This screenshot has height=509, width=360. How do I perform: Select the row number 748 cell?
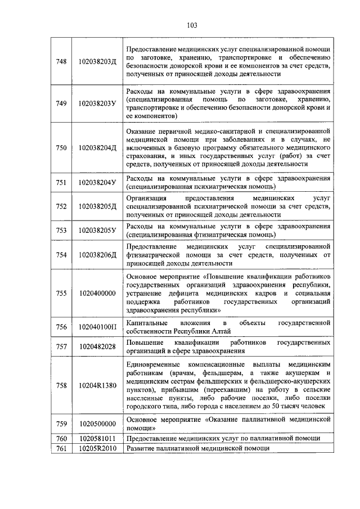(x=62, y=61)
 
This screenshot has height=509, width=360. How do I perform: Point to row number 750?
(x=62, y=148)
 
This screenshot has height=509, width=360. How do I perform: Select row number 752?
(x=62, y=206)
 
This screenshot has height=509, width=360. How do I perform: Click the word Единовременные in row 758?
(x=152, y=365)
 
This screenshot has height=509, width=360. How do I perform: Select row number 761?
(x=62, y=448)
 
